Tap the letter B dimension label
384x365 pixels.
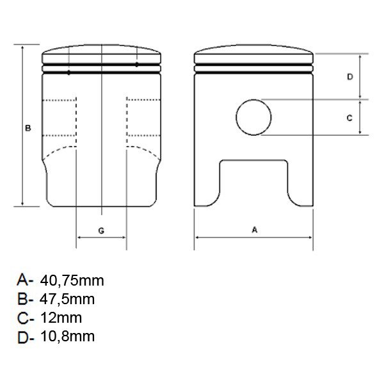(28, 128)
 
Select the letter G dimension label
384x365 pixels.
(101, 231)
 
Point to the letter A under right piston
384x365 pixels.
(255, 230)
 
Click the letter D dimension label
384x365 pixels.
(350, 77)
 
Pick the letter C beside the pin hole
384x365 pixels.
(349, 118)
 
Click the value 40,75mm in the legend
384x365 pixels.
(72, 280)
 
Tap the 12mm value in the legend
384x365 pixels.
(61, 318)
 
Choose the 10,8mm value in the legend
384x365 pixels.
(67, 336)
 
